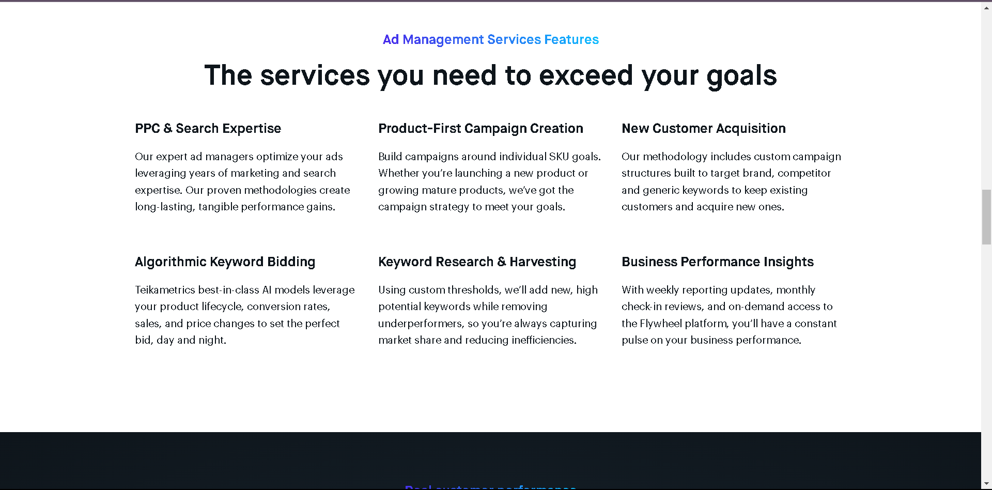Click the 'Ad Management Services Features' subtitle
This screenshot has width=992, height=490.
pos(490,40)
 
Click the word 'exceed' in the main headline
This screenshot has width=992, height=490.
pos(586,75)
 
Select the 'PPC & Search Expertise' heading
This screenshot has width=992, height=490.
pos(208,129)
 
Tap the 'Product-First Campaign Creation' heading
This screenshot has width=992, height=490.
pos(481,129)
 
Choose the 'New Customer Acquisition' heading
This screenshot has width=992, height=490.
pos(703,129)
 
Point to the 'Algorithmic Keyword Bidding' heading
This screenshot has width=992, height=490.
pos(225,262)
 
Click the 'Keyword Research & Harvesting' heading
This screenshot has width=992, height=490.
pos(477,262)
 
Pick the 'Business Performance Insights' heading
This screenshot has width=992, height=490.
pos(717,262)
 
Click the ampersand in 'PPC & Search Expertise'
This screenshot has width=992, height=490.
pos(167,129)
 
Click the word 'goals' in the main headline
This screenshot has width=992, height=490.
pos(741,75)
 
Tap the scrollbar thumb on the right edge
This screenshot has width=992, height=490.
pos(986,217)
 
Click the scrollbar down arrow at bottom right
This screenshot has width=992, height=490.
pos(986,484)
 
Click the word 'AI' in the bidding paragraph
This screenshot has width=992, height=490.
pos(267,290)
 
